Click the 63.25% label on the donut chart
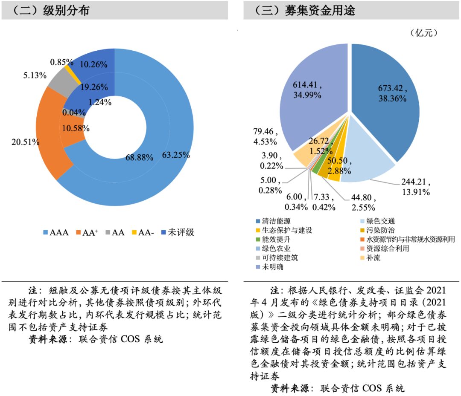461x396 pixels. pos(176,155)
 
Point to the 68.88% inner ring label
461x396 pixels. pos(139,157)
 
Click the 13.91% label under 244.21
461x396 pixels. pos(415,192)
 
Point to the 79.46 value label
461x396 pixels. pos(263,132)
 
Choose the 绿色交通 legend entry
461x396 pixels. pos(377,221)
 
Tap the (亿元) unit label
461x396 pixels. pos(424,33)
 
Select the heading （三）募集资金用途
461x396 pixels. pos(305,10)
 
